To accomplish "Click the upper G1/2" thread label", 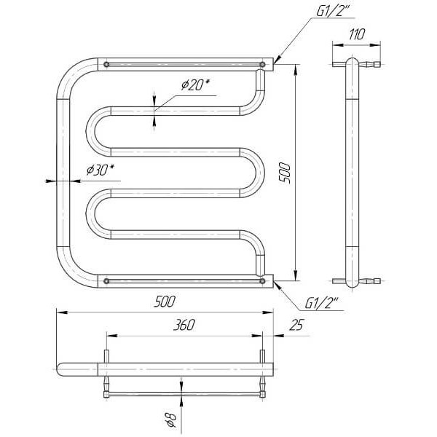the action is click(x=334, y=11).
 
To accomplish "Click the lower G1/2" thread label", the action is click(x=322, y=303).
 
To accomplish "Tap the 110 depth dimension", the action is click(x=357, y=34).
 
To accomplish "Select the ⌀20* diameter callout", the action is click(x=195, y=84).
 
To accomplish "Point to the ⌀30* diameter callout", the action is click(x=101, y=170).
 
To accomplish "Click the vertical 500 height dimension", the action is click(x=285, y=173).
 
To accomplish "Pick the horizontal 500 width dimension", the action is click(x=165, y=302).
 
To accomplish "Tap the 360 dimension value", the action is click(x=184, y=325).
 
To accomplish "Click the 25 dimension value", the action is click(x=296, y=325).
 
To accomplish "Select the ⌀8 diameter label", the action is click(x=171, y=420).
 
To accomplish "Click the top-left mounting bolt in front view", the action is click(x=106, y=65).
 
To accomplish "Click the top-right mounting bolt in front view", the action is click(x=262, y=65).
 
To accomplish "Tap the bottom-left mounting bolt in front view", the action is click(x=106, y=281).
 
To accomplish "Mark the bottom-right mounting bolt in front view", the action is click(x=262, y=281).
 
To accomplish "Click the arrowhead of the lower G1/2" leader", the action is click(x=275, y=282).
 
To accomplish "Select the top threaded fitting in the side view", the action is click(x=370, y=64).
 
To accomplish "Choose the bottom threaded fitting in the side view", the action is click(x=370, y=281).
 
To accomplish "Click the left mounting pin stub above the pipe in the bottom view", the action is click(x=106, y=357).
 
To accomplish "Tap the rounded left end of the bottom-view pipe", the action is click(x=60, y=369).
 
